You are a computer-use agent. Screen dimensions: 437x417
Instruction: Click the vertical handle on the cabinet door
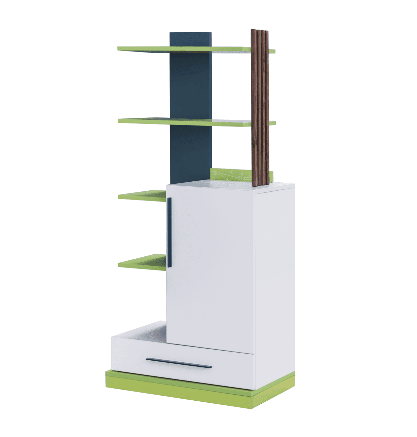coord(169,232)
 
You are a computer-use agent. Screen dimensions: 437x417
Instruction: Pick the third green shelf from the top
coord(142,195)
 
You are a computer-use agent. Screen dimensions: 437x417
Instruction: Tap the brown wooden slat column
coord(260,108)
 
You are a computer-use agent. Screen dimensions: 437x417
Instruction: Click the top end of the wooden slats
coord(259,31)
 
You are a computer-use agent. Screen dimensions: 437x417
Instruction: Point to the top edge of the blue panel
coord(191,33)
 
